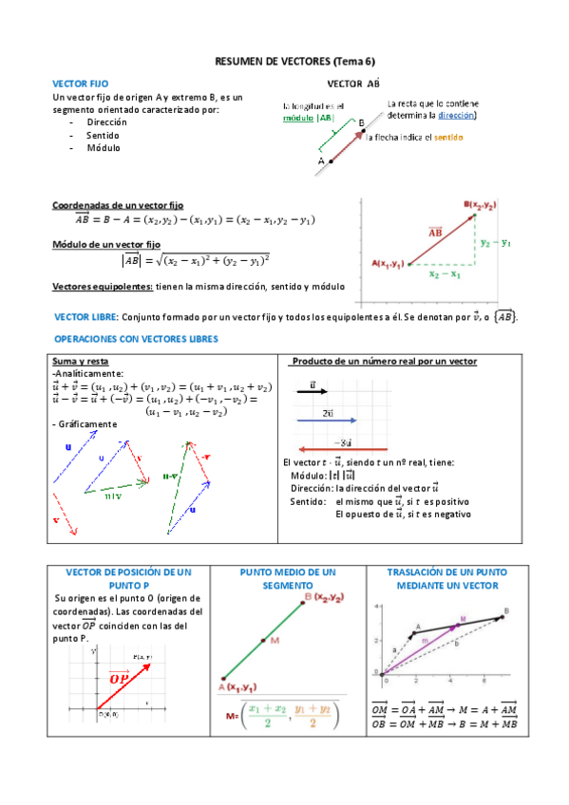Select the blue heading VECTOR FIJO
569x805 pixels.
(81, 84)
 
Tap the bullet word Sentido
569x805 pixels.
(103, 136)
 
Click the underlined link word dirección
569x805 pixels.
(456, 115)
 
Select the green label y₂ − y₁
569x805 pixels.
(495, 242)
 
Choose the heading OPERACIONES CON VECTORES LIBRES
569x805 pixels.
(137, 339)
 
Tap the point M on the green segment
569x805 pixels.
(262, 641)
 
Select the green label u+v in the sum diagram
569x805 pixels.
(113, 496)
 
